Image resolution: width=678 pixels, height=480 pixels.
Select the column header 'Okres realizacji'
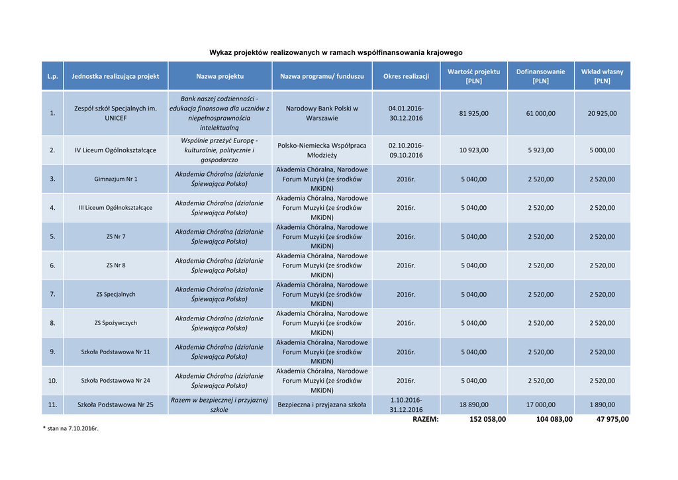pos(406,76)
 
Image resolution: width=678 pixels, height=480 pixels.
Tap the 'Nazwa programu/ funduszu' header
pos(322,76)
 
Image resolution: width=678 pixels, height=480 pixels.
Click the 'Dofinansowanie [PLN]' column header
pos(540,76)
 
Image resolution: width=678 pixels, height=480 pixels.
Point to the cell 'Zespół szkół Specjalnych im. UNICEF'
pos(115,113)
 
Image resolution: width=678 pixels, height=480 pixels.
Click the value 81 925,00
pos(473,113)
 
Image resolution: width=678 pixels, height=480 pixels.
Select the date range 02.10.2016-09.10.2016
pos(406,150)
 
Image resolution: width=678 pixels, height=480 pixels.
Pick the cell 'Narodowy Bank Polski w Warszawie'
pos(322,113)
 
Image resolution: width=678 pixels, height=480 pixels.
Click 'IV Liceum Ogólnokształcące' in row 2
pos(115,150)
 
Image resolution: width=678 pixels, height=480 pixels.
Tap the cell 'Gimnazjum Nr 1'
pos(115,179)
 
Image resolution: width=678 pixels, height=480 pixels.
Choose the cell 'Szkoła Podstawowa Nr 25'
pos(115,405)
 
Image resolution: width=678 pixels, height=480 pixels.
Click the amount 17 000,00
pos(540,405)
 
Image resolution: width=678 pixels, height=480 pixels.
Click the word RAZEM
pos(425,419)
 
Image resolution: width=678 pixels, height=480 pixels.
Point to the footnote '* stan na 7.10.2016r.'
pos(70,429)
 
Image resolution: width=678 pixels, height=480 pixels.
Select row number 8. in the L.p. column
pos(52,323)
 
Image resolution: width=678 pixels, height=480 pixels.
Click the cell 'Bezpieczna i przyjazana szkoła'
pos(322,405)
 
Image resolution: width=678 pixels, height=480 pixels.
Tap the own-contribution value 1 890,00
pos(602,405)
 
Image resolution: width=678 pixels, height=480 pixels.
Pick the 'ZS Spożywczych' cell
pos(115,323)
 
